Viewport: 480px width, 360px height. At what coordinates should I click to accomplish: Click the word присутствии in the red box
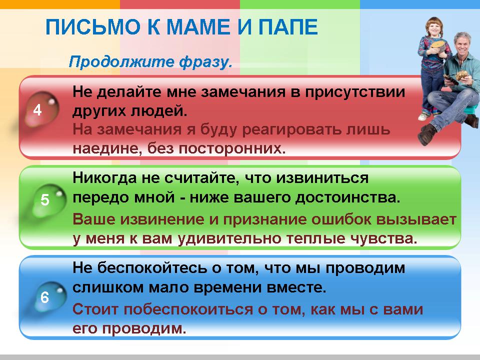[x=356, y=92]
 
